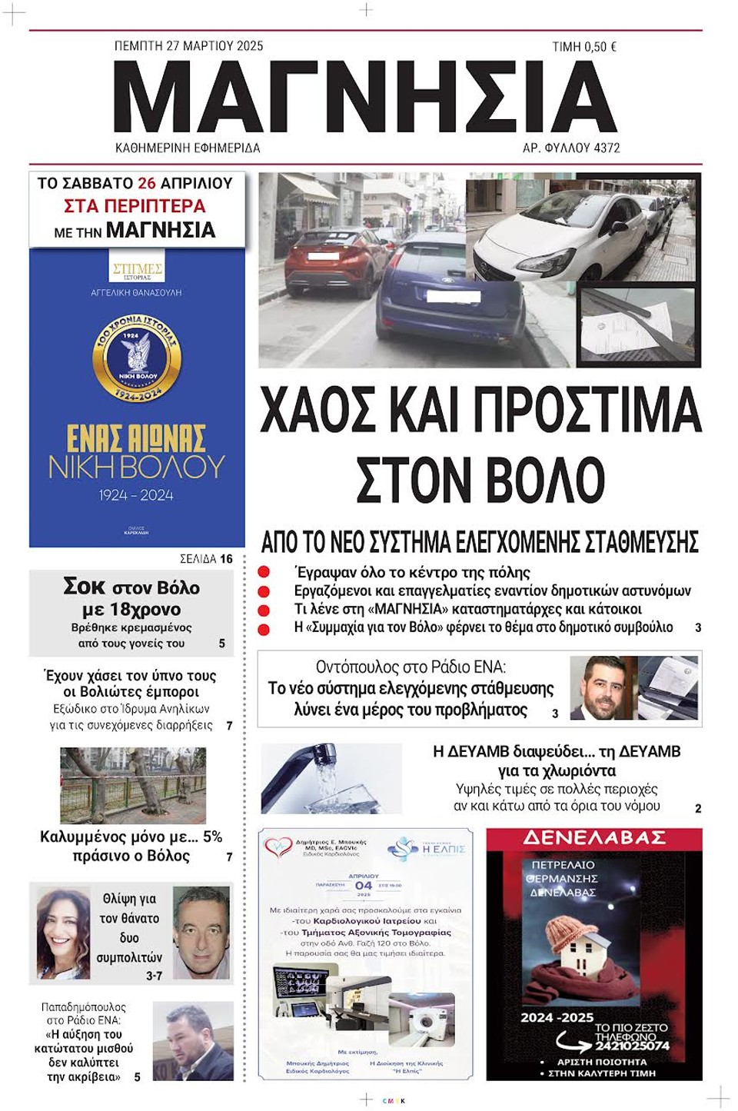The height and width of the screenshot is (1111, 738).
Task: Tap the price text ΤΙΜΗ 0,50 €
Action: coord(584,47)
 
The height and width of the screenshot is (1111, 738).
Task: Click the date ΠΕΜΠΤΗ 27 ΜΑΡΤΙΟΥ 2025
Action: coord(188,46)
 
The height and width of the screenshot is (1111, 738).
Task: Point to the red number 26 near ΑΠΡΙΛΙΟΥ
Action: coord(147,183)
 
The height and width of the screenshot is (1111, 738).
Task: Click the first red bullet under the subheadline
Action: coord(264,572)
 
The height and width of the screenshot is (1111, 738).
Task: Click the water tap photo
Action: coord(331,778)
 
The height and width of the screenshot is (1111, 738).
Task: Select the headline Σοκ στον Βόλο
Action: coord(131,587)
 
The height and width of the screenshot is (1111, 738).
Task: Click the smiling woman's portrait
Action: coord(63,933)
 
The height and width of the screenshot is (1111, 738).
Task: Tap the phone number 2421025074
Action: coord(632,1046)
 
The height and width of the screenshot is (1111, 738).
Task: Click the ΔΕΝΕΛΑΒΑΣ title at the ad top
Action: coord(594,838)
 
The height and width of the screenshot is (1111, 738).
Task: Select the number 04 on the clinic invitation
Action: coord(364,886)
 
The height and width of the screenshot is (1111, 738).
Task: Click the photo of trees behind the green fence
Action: coord(132,786)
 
